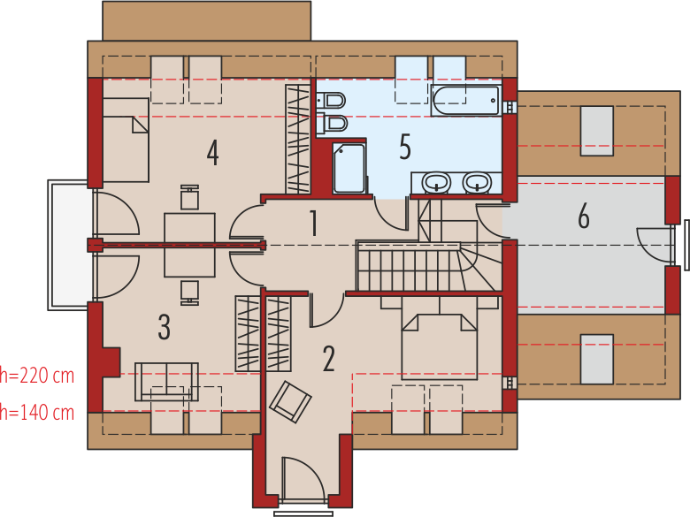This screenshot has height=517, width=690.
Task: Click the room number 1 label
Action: tap(313, 223)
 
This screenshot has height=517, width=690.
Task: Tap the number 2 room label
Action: tap(329, 359)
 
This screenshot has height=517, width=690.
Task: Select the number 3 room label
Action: tap(165, 327)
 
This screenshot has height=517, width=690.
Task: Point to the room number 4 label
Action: tap(213, 153)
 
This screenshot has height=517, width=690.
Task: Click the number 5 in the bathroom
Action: tap(405, 147)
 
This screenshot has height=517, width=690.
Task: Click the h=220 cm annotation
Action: tap(37, 376)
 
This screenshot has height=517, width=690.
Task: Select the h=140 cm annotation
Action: tap(37, 413)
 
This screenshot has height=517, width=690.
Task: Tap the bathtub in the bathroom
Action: tap(465, 100)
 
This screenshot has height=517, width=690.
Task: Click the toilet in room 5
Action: tap(331, 101)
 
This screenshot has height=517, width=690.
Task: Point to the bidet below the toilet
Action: tap(332, 124)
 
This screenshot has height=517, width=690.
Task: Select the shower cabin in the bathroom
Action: tap(349, 168)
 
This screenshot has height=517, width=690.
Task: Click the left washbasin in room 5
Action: tap(436, 182)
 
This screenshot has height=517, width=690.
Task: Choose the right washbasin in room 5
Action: tap(477, 182)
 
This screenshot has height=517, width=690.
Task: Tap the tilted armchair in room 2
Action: tap(290, 402)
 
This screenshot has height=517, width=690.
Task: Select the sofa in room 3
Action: tap(166, 382)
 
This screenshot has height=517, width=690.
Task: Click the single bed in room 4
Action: tap(126, 140)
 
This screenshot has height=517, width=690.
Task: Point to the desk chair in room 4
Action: tap(189, 197)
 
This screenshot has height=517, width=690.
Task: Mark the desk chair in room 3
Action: tap(189, 293)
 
